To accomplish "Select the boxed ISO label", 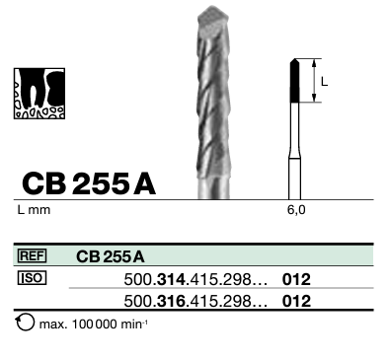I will point(34,278).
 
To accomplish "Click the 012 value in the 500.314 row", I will point(296,279).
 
